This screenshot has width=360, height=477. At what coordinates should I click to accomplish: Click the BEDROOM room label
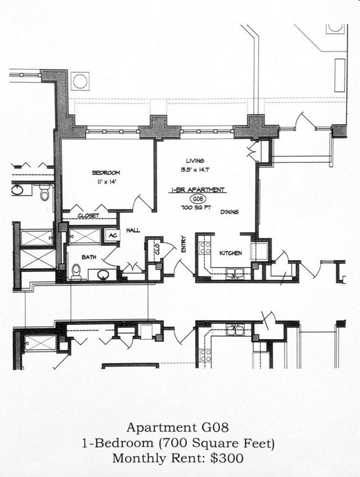pyautogui.click(x=106, y=173)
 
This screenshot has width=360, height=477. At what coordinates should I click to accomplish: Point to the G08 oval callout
pyautogui.click(x=197, y=199)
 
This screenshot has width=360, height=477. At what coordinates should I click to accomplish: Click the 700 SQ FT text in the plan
pyautogui.click(x=196, y=208)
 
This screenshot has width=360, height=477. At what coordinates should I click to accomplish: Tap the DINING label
pyautogui.click(x=230, y=212)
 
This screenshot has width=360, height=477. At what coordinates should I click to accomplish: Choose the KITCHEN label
pyautogui.click(x=230, y=253)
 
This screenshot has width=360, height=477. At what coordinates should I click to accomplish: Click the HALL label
pyautogui.click(x=133, y=230)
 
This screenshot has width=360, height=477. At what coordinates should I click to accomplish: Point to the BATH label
pyautogui.click(x=89, y=257)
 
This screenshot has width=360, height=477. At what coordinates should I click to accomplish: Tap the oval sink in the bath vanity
pyautogui.click(x=102, y=274)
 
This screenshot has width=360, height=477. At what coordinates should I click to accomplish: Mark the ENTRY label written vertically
pyautogui.click(x=183, y=244)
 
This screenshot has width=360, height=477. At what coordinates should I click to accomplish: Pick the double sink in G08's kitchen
pyautogui.click(x=235, y=272)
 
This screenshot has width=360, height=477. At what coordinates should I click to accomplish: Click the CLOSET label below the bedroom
pyautogui.click(x=88, y=216)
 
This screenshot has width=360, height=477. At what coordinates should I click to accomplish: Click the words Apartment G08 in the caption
pyautogui.click(x=177, y=428)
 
